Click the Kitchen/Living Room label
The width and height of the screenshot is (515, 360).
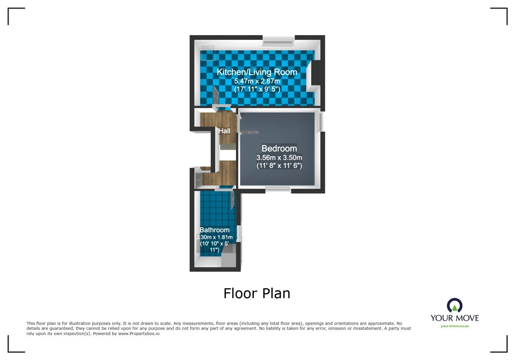pyautogui.click(x=257, y=72)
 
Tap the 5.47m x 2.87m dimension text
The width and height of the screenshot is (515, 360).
pyautogui.click(x=257, y=81)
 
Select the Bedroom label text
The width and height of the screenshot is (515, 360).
pyautogui.click(x=279, y=149)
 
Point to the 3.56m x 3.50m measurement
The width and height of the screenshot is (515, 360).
pyautogui.click(x=279, y=158)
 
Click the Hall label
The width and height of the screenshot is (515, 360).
pyautogui.click(x=224, y=131)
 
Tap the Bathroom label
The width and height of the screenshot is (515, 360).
pyautogui.click(x=214, y=230)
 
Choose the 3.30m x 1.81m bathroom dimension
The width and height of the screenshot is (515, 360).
pyautogui.click(x=214, y=237)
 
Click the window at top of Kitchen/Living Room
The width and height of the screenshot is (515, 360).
pyautogui.click(x=278, y=40)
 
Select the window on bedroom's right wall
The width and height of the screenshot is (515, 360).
pyautogui.click(x=321, y=121)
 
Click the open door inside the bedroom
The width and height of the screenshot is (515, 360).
pyautogui.click(x=250, y=132)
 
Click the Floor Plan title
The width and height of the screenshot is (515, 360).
pyautogui.click(x=257, y=293)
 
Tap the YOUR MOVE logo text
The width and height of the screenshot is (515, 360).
pyautogui.click(x=454, y=318)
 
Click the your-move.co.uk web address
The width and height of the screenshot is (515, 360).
pyautogui.click(x=454, y=326)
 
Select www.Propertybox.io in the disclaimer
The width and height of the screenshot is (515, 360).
pyautogui.click(x=139, y=334)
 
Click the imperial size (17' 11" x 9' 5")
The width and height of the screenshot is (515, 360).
pyautogui.click(x=257, y=89)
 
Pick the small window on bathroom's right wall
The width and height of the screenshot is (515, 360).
pyautogui.click(x=239, y=234)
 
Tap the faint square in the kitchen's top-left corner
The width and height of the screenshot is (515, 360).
pyautogui.click(x=208, y=53)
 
